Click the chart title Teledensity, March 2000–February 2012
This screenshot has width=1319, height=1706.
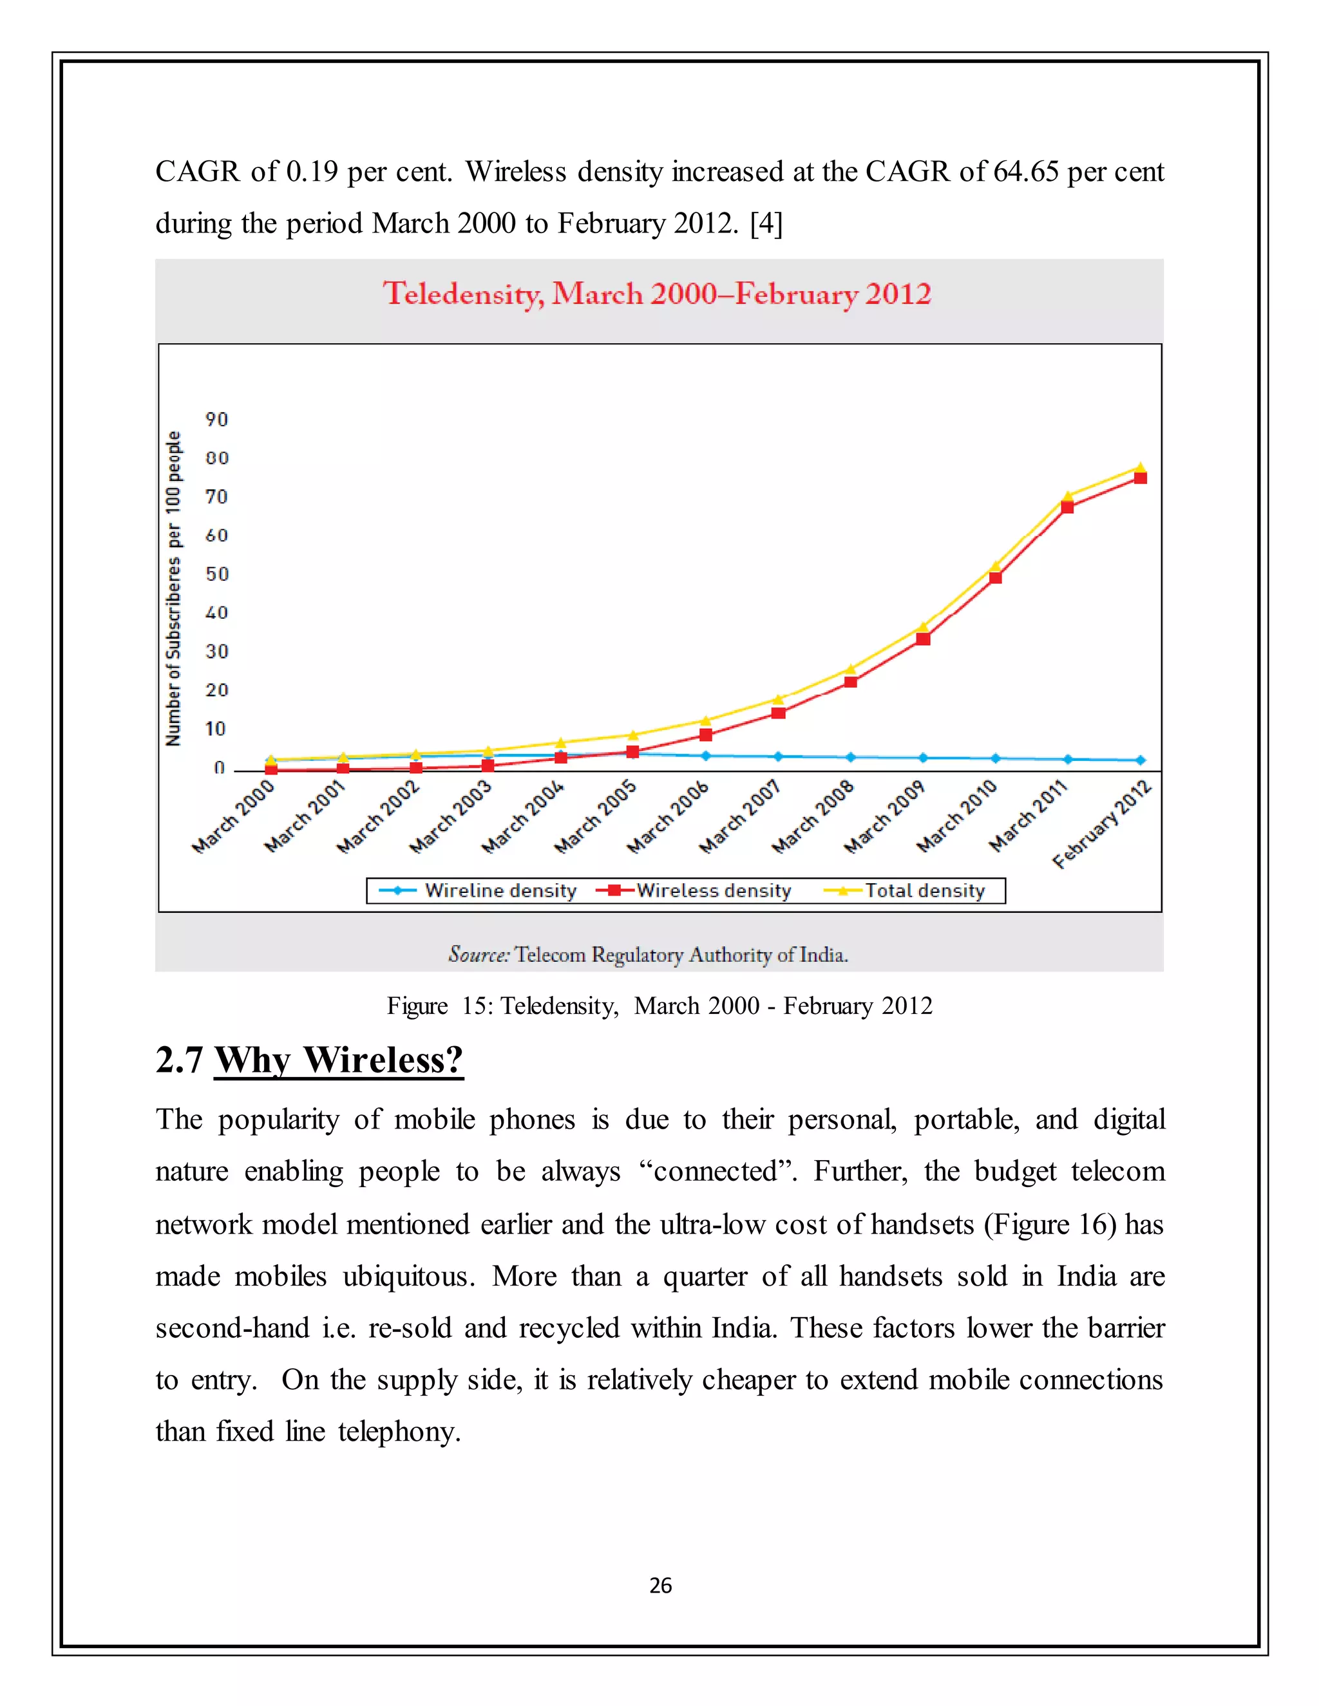click(657, 294)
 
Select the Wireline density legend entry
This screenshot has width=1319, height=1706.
click(479, 890)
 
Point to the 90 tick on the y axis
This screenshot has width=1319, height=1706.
click(216, 420)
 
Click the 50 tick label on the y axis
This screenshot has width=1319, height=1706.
click(216, 574)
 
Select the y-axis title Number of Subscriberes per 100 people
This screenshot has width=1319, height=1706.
click(173, 588)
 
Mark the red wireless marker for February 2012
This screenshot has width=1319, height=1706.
click(1140, 478)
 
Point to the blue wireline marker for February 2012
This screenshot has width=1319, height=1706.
click(1140, 760)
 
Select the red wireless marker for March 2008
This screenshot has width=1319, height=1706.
click(851, 682)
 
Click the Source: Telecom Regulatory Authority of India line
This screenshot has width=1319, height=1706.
click(648, 955)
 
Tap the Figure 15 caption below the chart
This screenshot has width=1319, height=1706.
click(659, 1006)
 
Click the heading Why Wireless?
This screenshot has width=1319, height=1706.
click(338, 1061)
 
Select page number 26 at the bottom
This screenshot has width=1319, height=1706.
click(660, 1586)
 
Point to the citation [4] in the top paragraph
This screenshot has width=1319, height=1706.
click(766, 223)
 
